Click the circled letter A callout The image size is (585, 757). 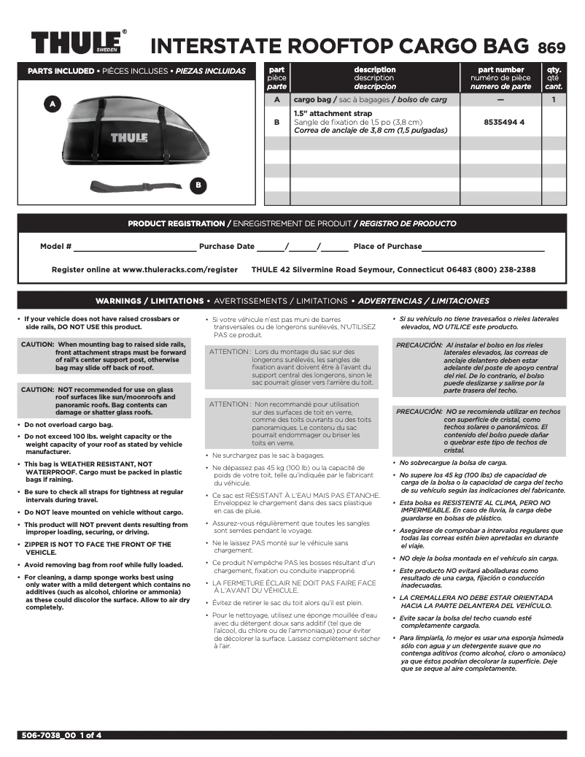click(x=52, y=104)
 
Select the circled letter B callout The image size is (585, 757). click(x=198, y=185)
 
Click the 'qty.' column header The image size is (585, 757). click(x=554, y=70)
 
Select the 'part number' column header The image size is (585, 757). click(x=500, y=70)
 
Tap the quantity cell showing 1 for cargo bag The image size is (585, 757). click(x=554, y=99)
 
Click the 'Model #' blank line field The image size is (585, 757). click(x=134, y=247)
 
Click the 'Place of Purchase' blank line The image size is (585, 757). click(x=483, y=247)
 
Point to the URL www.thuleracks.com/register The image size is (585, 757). click(x=180, y=269)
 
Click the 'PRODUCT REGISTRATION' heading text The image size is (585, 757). click(x=176, y=223)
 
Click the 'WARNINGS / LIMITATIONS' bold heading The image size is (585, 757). click(x=150, y=301)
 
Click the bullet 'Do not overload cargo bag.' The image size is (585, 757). click(x=69, y=424)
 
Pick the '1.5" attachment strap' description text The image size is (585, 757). click(x=333, y=114)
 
